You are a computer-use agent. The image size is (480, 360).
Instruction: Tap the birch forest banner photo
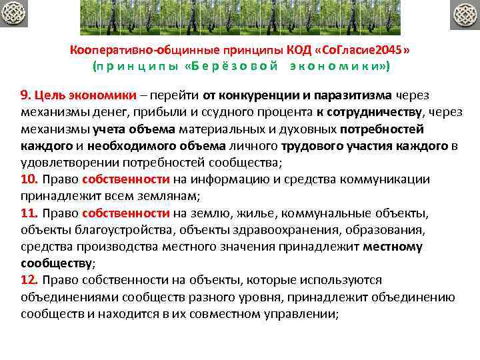240,17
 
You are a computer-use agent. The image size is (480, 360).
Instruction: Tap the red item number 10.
29,179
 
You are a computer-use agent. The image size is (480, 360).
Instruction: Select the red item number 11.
29,213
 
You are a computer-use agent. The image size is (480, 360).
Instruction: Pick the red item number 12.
29,280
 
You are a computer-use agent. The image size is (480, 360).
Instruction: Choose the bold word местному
393,247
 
